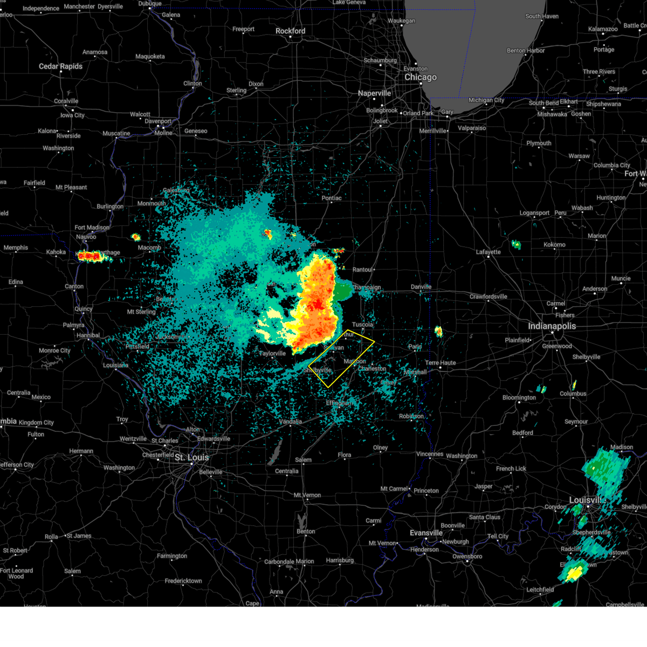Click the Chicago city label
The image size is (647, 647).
[421, 77]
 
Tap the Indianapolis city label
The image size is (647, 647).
[552, 326]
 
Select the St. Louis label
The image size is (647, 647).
[191, 457]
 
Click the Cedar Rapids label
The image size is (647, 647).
[60, 66]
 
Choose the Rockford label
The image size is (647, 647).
[290, 31]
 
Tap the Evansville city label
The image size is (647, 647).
[426, 533]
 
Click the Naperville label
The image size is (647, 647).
[374, 93]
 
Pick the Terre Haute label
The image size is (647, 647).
[440, 363]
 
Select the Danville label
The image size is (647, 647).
[421, 287]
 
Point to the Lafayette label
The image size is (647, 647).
[488, 252]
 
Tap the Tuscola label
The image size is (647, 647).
[362, 325]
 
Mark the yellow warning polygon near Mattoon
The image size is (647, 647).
[341, 359]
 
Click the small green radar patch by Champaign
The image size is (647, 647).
[342, 291]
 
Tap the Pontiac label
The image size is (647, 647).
[332, 198]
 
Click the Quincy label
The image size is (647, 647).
[84, 309]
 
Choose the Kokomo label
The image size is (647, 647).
[554, 244]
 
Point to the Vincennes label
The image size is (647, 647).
[430, 454]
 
